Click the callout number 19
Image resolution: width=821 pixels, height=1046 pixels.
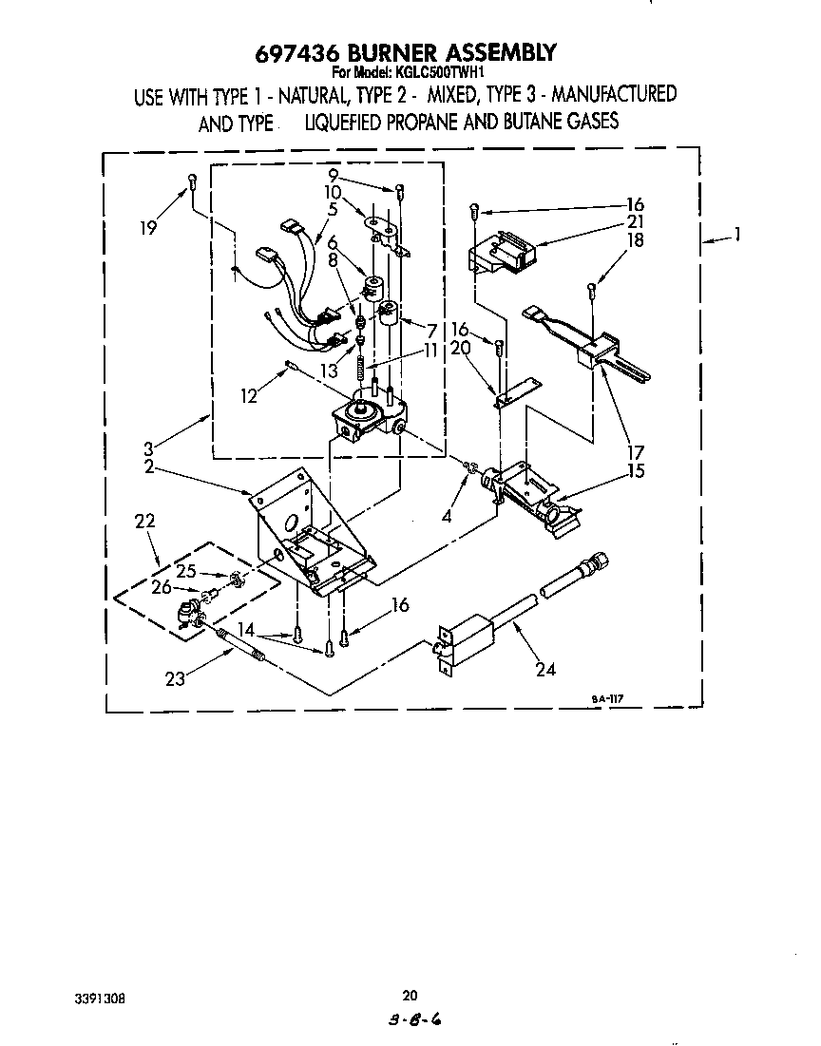[x=147, y=227]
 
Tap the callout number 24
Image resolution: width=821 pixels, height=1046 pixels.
[x=545, y=669]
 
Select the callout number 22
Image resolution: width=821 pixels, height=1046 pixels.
[x=144, y=521]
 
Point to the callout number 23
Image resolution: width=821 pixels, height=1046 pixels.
[x=175, y=680]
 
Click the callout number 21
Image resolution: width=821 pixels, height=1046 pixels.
[x=635, y=222]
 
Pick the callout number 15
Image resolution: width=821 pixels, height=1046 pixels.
[x=636, y=471]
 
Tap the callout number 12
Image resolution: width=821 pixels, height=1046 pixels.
[x=248, y=396]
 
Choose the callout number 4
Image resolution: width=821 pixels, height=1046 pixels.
[x=447, y=516]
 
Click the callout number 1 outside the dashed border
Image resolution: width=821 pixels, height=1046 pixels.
[x=736, y=234]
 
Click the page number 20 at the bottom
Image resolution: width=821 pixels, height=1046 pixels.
[x=410, y=996]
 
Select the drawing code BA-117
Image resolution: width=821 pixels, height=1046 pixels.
[x=607, y=699]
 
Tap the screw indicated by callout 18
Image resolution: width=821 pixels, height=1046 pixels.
[x=591, y=291]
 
